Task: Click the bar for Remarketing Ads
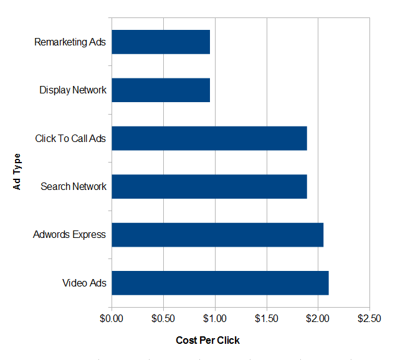[161, 42]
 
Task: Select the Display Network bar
[161, 90]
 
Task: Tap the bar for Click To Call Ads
[209, 138]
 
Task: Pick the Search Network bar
[209, 186]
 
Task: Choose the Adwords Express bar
[217, 234]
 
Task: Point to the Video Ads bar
[220, 283]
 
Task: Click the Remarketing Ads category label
[70, 42]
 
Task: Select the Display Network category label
[73, 90]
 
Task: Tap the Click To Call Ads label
[71, 138]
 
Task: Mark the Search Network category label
[74, 186]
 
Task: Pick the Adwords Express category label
[70, 235]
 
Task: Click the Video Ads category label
[85, 283]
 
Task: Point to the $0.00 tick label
[112, 319]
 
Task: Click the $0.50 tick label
[163, 319]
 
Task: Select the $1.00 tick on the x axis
[215, 319]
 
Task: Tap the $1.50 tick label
[267, 319]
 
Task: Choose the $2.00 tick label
[318, 319]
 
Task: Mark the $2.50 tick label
[369, 319]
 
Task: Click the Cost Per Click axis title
[207, 340]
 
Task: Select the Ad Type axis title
[17, 171]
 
